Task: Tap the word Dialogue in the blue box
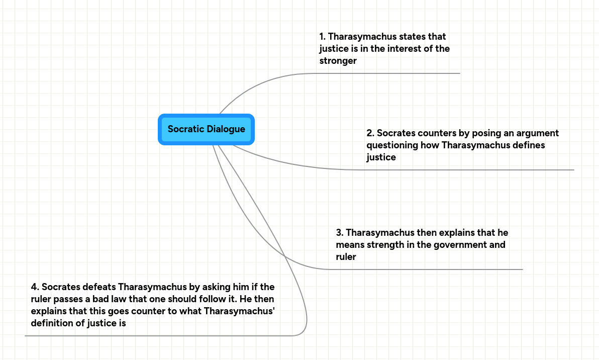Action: pos(226,129)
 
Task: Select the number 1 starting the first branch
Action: pos(322,37)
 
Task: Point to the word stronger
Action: pos(338,61)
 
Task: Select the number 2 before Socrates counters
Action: pos(370,133)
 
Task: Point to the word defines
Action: pos(528,145)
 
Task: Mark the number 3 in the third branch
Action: pos(339,233)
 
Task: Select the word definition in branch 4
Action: pos(53,323)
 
